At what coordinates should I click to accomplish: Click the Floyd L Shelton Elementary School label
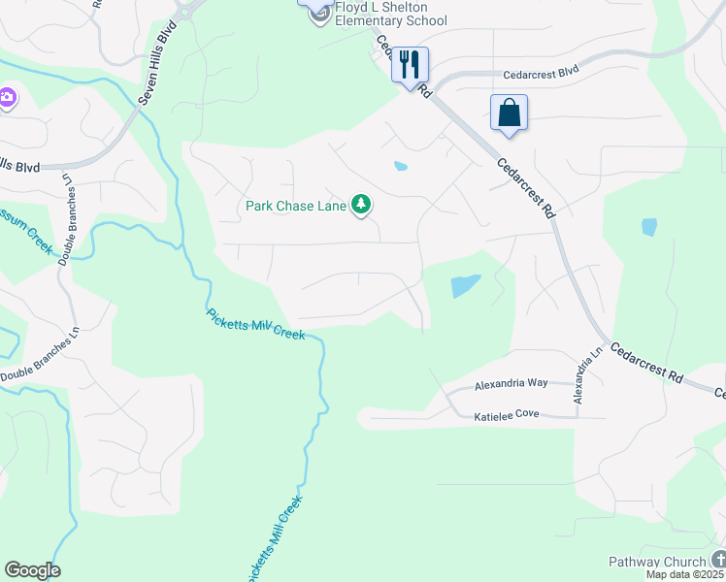[x=390, y=14]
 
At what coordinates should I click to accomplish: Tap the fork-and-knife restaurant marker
[x=410, y=65]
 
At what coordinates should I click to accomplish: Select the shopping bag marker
[x=509, y=113]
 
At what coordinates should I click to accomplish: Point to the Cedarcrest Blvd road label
[x=541, y=74]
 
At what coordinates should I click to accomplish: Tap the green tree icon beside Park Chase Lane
[x=361, y=204]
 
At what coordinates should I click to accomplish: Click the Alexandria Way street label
[x=511, y=384]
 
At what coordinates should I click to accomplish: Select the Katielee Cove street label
[x=506, y=415]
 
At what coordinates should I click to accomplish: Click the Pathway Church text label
[x=657, y=562]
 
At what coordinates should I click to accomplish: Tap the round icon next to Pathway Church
[x=717, y=559]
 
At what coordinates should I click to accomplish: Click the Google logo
[x=32, y=570]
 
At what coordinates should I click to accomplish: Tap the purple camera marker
[x=7, y=97]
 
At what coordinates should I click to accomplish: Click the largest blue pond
[x=464, y=286]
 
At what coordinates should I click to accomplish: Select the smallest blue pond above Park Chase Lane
[x=400, y=166]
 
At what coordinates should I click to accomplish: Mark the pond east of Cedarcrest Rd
[x=648, y=227]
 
